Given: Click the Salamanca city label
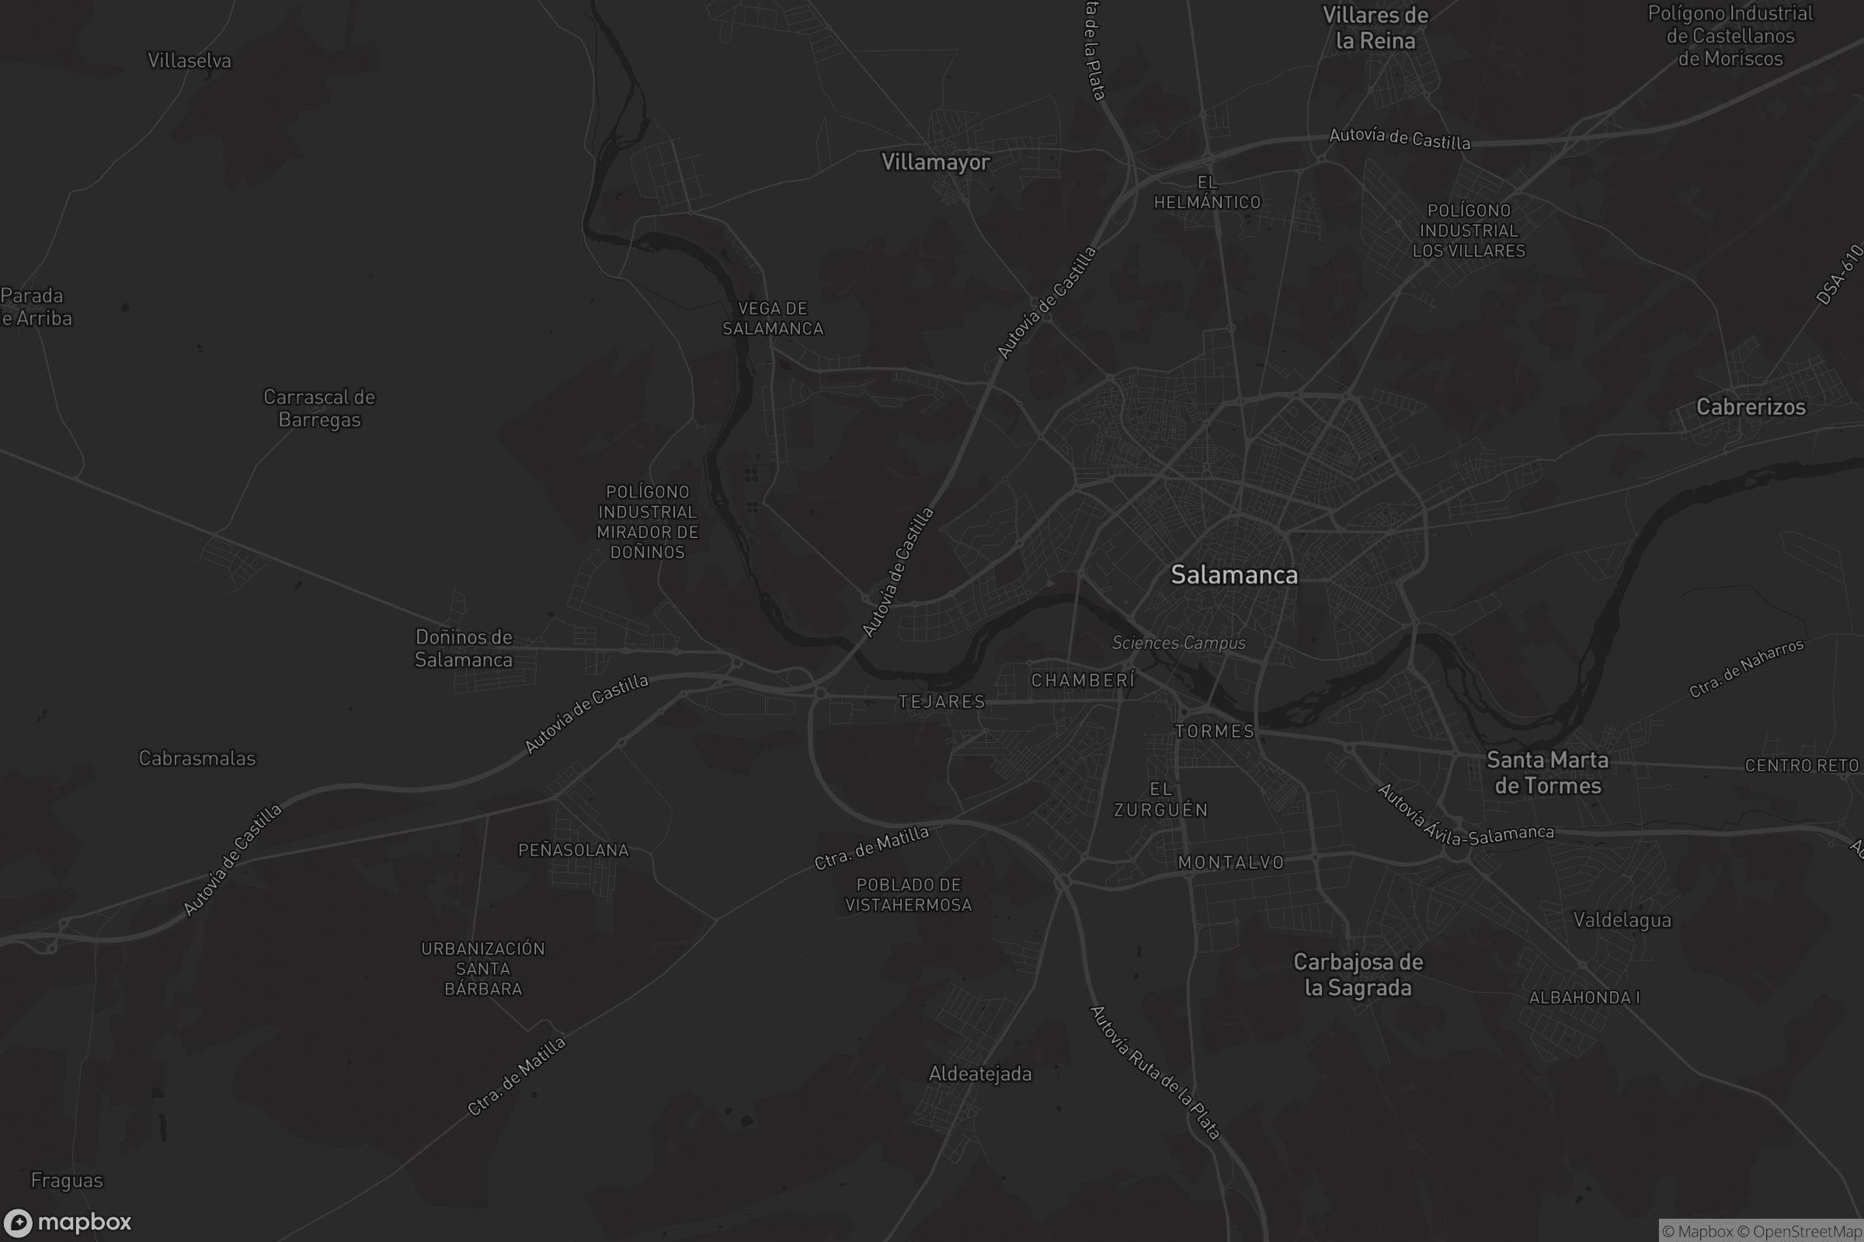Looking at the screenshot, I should [x=1234, y=575].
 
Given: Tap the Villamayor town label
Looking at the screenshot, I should [x=935, y=162].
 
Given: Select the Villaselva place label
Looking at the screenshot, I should [x=190, y=61].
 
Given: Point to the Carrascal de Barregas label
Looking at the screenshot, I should [x=319, y=408].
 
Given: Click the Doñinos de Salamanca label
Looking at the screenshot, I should [x=464, y=649].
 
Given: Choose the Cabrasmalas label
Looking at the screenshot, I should [x=197, y=759].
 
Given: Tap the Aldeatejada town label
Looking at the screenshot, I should [x=979, y=1074].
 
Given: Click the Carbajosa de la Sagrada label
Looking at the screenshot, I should [x=1358, y=975].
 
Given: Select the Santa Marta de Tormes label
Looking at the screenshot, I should [x=1547, y=773].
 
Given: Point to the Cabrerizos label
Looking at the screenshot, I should [x=1751, y=407].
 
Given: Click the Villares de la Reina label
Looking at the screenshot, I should [x=1375, y=28].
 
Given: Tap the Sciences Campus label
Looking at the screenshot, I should [x=1178, y=644].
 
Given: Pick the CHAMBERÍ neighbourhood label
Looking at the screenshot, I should [x=1083, y=681].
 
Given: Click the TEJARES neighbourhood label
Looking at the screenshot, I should [x=941, y=702].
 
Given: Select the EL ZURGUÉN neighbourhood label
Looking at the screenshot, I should [x=1161, y=800].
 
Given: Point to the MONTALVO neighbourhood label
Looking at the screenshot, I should [x=1231, y=862].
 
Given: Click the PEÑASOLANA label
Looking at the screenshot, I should [x=573, y=851].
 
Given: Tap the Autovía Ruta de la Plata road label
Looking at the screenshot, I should [x=1155, y=1073].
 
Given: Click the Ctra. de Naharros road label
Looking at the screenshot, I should [x=1747, y=668].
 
